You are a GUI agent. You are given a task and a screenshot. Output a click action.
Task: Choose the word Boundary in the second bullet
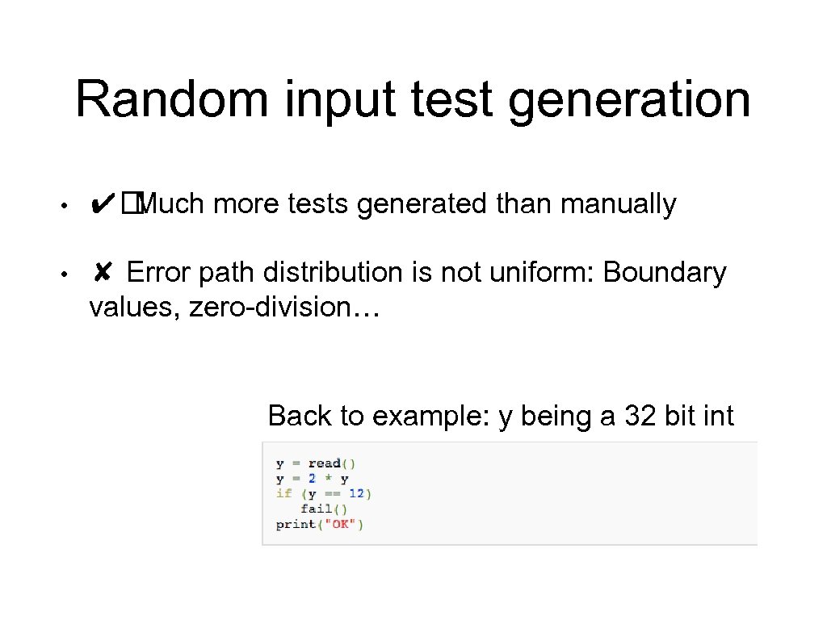pos(665,274)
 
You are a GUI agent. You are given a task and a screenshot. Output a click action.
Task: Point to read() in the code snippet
pos(332,463)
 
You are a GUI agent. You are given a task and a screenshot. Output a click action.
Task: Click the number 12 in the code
pos(356,493)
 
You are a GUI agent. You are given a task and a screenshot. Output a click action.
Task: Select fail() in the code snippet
pos(323,509)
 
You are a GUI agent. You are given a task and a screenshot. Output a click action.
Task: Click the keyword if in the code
pos(283,493)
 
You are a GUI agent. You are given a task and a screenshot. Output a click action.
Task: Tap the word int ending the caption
pos(718,417)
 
